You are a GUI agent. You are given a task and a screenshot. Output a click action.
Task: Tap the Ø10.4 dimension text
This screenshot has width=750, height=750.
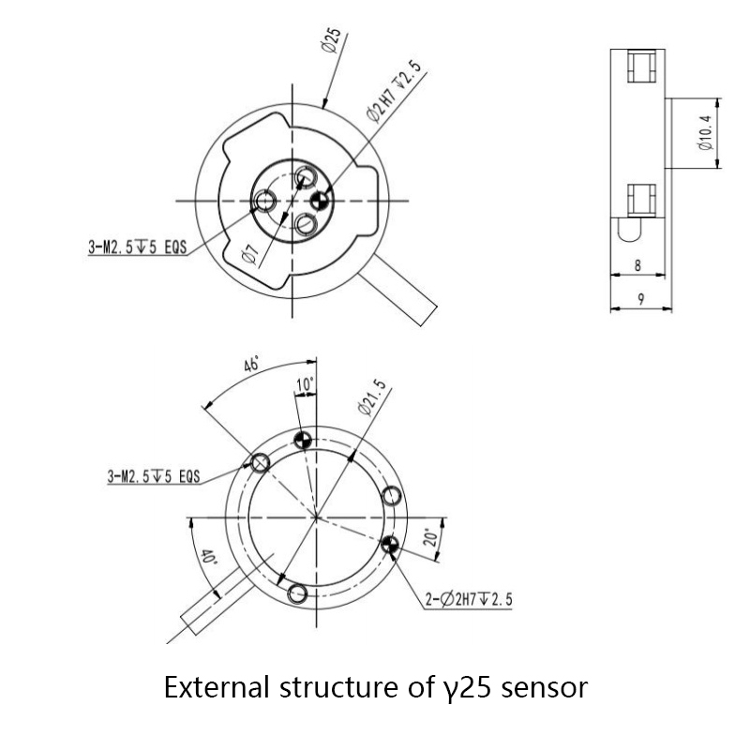tap(706, 133)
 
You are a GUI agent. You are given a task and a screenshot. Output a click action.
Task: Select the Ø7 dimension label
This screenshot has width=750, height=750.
tap(249, 252)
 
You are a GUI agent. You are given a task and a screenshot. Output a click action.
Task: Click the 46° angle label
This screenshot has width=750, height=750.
tap(251, 366)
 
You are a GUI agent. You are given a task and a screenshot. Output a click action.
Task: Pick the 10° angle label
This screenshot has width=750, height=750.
tap(306, 385)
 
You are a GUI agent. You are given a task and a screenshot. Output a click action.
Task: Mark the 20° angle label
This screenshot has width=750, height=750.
tap(428, 537)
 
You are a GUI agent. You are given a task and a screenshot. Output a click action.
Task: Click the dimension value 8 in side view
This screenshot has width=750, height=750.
tap(637, 265)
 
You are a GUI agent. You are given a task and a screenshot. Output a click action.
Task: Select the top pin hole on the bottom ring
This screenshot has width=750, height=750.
tap(302, 441)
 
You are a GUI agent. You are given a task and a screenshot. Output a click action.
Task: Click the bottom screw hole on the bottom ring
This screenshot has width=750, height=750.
tap(299, 592)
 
